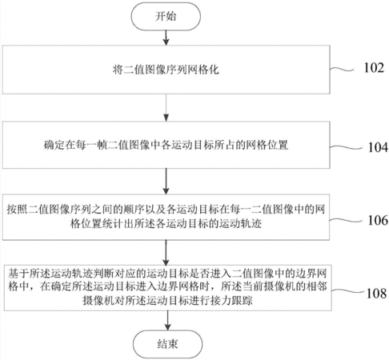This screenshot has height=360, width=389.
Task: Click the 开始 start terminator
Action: (x=166, y=16)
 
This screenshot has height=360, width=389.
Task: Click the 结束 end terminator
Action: (x=167, y=344)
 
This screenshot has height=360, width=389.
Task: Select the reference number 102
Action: (x=374, y=68)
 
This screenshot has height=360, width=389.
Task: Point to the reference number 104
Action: (x=378, y=147)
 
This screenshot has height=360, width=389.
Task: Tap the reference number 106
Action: (x=378, y=220)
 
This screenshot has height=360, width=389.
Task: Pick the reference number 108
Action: (x=376, y=294)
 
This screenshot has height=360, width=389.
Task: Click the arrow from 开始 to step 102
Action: (x=166, y=38)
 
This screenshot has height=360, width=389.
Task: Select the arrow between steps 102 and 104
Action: (x=166, y=108)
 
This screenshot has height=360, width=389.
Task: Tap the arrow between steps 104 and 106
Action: (x=166, y=182)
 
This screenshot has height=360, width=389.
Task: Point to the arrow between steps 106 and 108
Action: (x=166, y=253)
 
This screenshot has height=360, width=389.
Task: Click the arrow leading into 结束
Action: (x=167, y=321)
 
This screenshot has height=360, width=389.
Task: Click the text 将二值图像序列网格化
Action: (x=166, y=70)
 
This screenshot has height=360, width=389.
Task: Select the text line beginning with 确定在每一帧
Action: (x=166, y=145)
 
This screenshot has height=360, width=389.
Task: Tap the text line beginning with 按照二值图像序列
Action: (x=166, y=210)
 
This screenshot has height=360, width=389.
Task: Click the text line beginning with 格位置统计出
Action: (x=166, y=223)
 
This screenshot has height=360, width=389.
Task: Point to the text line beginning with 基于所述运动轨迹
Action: (x=167, y=274)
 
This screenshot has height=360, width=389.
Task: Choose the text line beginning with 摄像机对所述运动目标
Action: (x=167, y=301)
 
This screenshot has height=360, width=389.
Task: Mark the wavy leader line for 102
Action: (x=342, y=70)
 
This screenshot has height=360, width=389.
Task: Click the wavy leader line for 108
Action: (x=347, y=290)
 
